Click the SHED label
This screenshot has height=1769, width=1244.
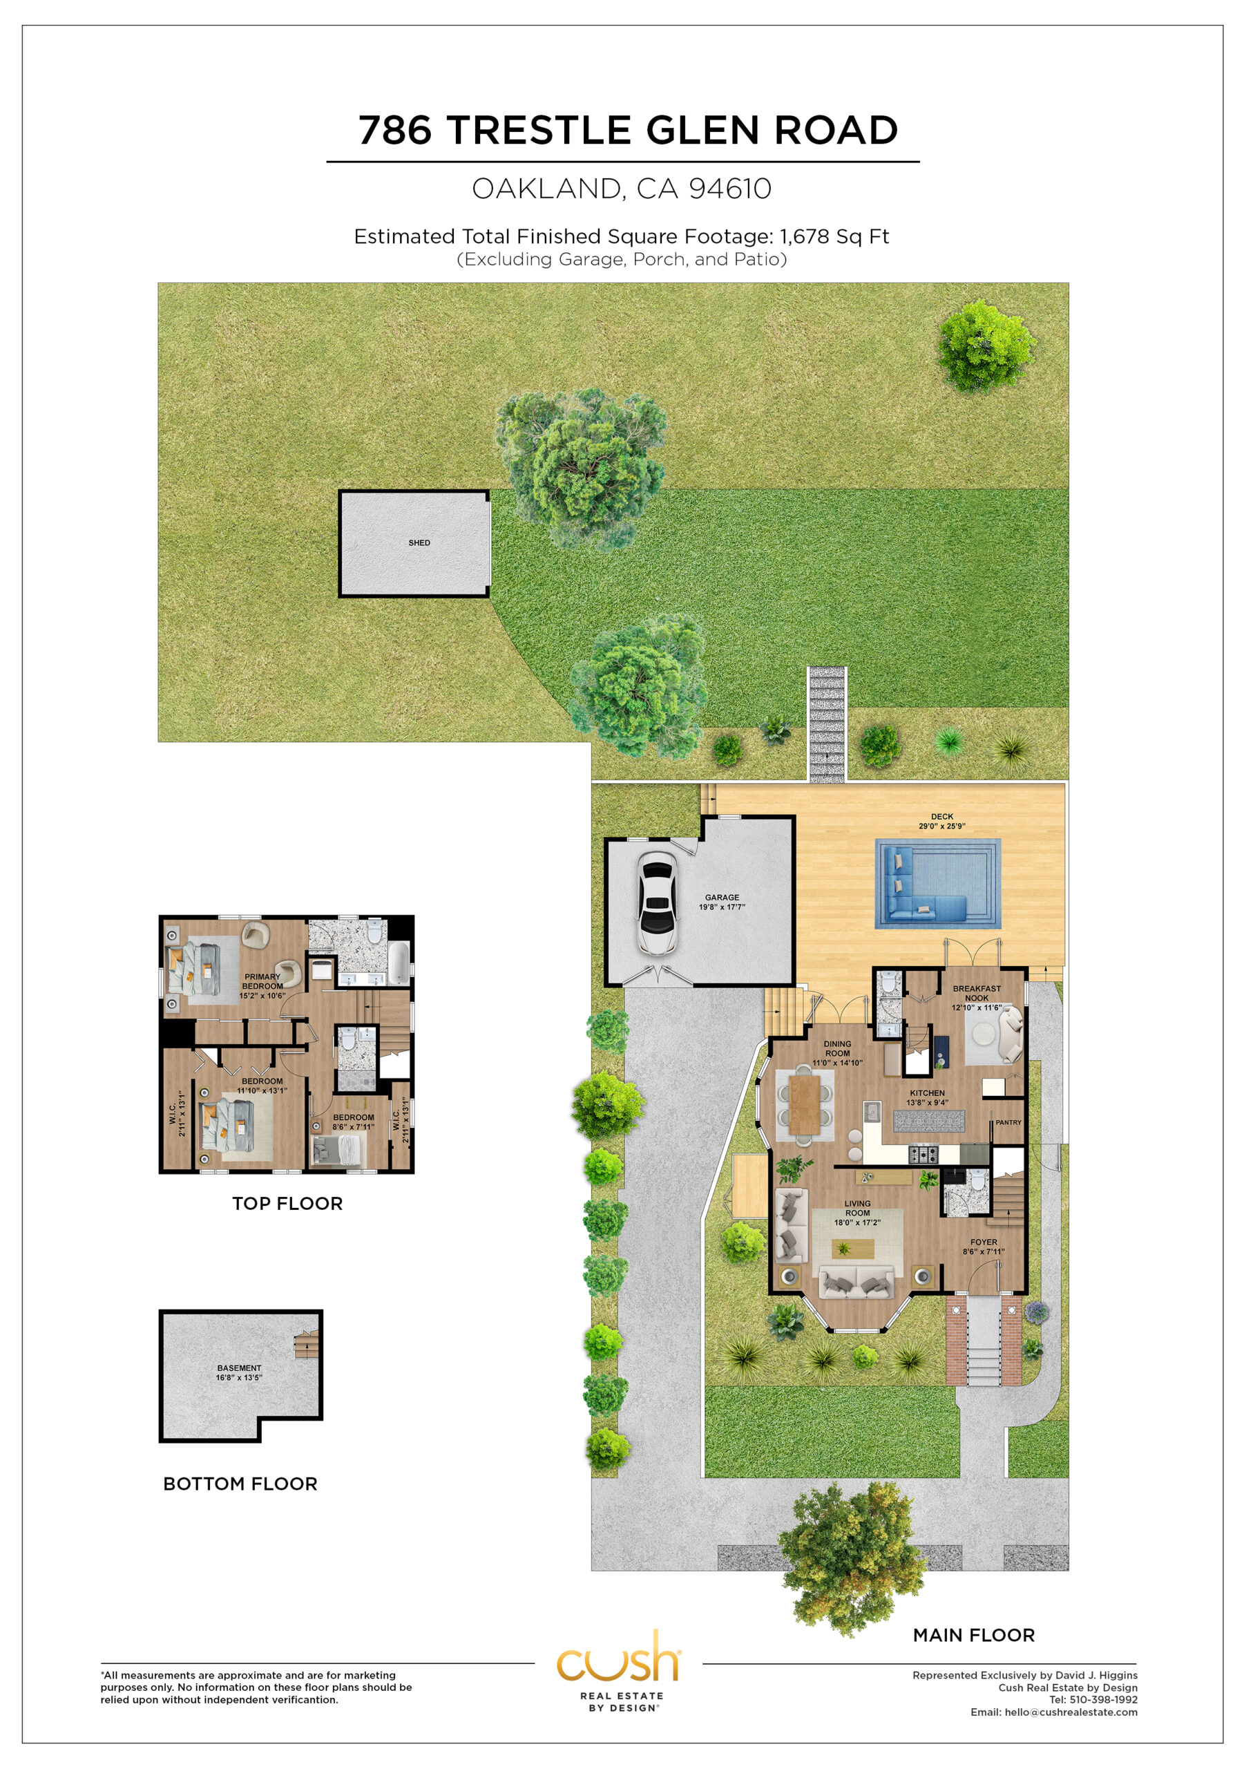tap(419, 542)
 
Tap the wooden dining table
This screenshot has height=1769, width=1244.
tap(804, 1104)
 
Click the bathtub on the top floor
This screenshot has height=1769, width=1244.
tap(399, 964)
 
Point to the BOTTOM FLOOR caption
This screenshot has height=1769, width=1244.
tap(240, 1483)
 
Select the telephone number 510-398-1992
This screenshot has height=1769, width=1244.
tap(1104, 1699)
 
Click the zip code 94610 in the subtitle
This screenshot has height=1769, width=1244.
tap(729, 188)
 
